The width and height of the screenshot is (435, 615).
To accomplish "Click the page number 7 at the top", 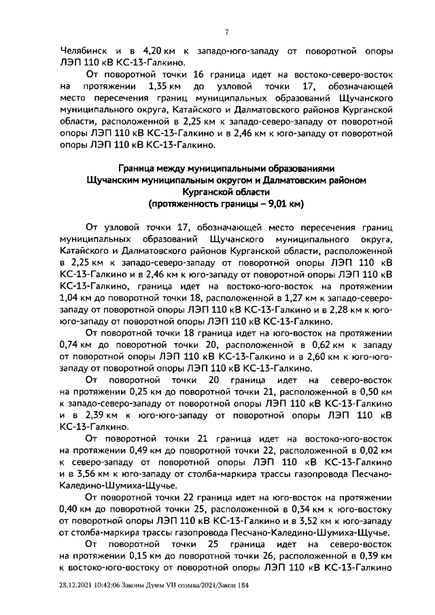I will click(227, 31).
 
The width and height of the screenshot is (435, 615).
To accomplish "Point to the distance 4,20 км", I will click(160, 51).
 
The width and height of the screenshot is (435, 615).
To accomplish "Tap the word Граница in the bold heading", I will click(141, 169).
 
